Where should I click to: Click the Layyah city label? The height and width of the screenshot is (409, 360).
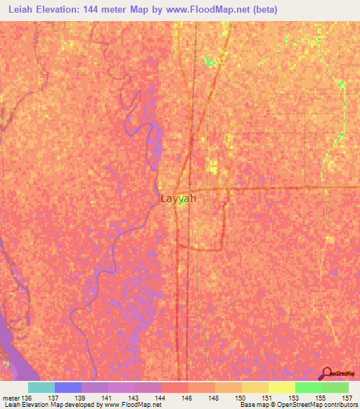click(178, 199)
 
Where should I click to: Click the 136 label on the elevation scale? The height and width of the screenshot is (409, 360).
click(26, 398)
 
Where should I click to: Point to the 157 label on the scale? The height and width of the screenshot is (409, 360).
click(347, 398)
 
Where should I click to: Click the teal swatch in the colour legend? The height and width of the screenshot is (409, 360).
click(41, 387)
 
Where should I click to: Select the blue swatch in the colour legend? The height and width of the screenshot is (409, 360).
click(67, 387)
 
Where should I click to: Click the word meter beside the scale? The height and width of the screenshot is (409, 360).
click(10, 398)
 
